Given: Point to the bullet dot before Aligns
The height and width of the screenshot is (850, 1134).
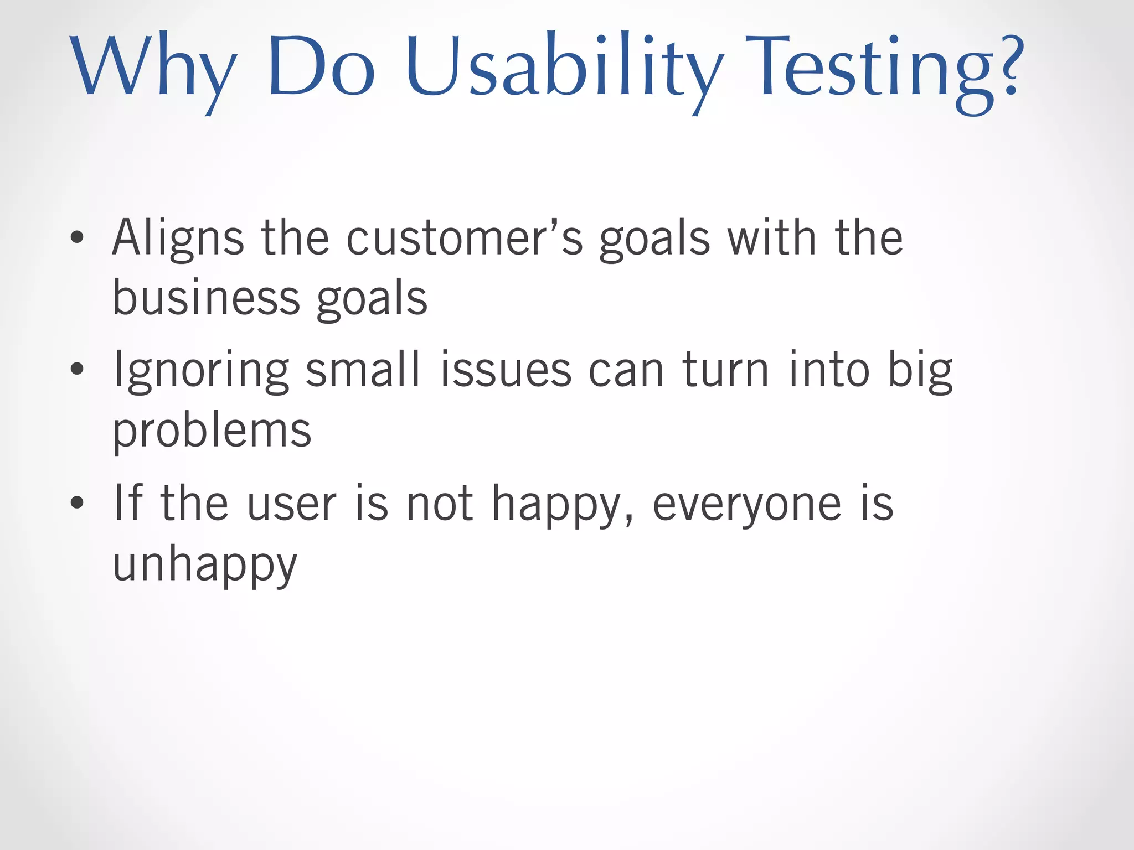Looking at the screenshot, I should click(78, 238).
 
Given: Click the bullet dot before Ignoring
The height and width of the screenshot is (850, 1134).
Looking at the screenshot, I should click(78, 369).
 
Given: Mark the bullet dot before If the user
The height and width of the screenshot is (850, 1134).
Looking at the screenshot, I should click(78, 502).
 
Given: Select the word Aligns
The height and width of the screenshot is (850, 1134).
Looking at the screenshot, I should click(178, 238).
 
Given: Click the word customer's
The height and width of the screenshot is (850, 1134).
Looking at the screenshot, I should click(464, 238).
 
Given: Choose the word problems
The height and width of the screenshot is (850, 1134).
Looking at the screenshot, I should click(212, 431).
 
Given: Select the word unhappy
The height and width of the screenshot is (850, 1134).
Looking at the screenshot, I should click(205, 564).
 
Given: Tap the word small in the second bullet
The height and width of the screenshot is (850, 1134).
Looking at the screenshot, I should click(363, 370).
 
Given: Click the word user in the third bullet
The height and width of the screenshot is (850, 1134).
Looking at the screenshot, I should click(291, 504).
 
